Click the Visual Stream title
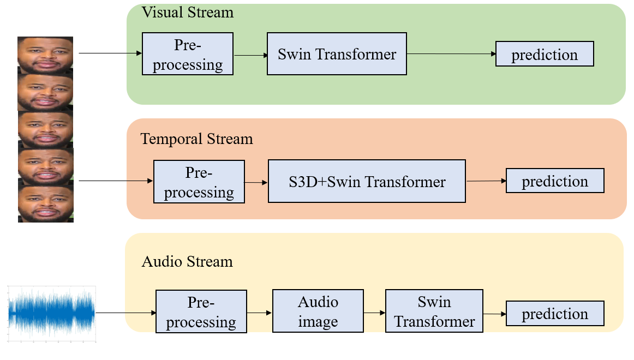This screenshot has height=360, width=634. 188,13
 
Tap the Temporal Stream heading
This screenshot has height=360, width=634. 196,139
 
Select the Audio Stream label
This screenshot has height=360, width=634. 187,262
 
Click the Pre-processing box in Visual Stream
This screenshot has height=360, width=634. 188,54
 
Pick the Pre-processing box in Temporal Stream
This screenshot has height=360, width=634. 199,182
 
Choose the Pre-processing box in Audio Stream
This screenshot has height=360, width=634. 201,311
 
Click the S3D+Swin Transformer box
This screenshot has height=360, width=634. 367,182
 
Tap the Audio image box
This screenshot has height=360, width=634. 318,311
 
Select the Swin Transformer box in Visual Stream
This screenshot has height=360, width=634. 337,54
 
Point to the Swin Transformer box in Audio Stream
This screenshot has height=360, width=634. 434,311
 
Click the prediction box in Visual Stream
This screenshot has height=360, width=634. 545,54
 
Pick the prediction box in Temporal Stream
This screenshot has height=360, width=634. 555,181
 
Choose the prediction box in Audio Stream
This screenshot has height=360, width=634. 555,314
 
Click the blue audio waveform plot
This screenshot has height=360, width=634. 52,314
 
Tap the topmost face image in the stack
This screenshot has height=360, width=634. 45,55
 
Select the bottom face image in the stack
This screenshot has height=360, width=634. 46,204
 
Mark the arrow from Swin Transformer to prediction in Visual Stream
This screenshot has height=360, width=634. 451,54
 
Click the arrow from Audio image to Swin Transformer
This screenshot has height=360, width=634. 374,313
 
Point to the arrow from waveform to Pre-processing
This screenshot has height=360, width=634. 126,313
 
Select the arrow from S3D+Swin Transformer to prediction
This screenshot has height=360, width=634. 486,181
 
